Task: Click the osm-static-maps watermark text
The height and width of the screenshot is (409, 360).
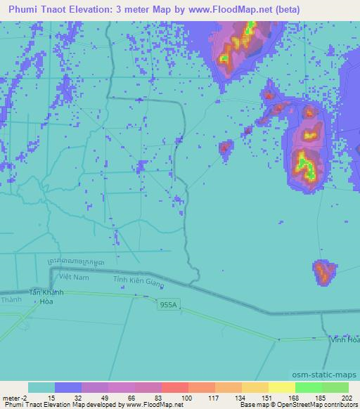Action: [x=327, y=375]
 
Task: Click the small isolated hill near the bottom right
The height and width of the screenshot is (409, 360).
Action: [x=324, y=271]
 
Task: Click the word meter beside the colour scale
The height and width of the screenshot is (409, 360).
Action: [x=11, y=397]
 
